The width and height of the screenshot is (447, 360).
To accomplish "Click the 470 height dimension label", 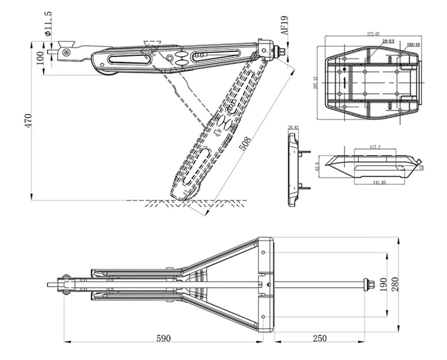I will point(28,121).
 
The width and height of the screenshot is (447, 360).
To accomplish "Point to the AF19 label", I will point(285,25).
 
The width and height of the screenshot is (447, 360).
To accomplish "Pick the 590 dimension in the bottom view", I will point(164,338).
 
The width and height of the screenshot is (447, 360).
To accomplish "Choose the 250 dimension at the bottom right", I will point(320,338).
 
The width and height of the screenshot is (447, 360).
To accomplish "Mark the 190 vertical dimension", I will point(383,284).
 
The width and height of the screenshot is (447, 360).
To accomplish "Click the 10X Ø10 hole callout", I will point(413,45).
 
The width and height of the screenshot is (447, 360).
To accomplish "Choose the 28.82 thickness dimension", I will point(293,128).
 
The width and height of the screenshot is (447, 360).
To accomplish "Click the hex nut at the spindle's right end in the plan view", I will point(369,284).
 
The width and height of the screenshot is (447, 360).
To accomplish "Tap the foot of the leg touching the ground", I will point(183,194).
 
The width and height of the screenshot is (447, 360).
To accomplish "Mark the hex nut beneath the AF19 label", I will point(282,51).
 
